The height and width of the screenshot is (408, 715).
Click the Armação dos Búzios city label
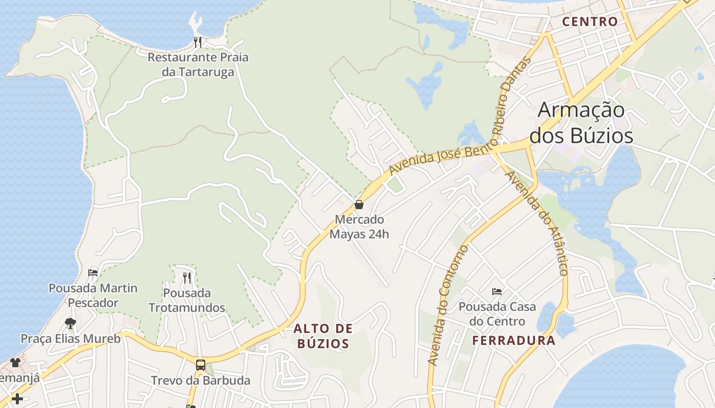click(x=581, y=123)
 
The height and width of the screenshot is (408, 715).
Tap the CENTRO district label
click(x=590, y=21)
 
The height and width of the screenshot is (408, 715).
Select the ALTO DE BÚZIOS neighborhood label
click(x=323, y=336)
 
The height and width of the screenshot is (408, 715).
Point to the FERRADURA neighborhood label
click(x=513, y=341)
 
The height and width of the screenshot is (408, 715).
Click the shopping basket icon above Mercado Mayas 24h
click(x=359, y=205)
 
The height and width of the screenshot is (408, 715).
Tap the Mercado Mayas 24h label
click(x=359, y=227)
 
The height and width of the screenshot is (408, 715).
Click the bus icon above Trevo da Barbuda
click(x=201, y=365)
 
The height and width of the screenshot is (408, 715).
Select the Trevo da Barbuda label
click(x=201, y=380)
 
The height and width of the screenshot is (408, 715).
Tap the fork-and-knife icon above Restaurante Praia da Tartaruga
click(x=198, y=42)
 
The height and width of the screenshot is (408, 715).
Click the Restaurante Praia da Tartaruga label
click(x=198, y=64)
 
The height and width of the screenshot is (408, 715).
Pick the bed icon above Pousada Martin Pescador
click(x=93, y=272)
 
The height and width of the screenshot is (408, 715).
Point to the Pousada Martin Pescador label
click(x=93, y=295)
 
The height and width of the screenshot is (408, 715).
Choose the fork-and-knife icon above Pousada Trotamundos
click(x=187, y=277)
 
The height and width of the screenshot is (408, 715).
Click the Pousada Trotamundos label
click(x=187, y=300)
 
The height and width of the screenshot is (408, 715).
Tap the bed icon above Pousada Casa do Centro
click(x=497, y=292)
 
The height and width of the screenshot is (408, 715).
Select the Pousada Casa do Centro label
click(x=497, y=314)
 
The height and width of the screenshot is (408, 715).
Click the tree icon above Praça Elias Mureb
click(x=70, y=323)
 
